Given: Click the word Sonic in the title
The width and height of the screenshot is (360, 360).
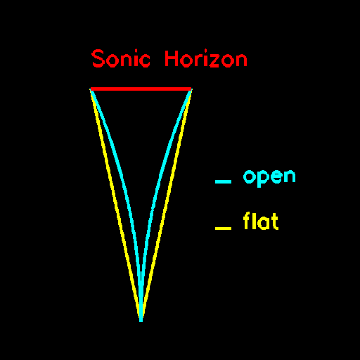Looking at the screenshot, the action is (x=121, y=58).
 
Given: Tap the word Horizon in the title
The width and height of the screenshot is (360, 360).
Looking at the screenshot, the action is (x=206, y=58).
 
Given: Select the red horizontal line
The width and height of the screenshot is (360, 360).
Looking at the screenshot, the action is (x=141, y=89).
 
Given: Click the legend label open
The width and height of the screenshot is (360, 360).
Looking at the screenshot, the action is (x=269, y=178).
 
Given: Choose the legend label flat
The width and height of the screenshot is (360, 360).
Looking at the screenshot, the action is (x=261, y=221).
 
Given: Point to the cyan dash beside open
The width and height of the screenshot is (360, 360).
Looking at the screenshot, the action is (x=223, y=181).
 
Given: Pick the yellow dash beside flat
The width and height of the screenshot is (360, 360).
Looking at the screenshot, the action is (x=223, y=229).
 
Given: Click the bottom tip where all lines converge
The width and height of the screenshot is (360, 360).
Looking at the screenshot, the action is (x=141, y=321).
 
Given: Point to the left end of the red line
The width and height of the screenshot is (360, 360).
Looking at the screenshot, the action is (x=91, y=89).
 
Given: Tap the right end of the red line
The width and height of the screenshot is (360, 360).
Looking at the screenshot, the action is (x=191, y=89).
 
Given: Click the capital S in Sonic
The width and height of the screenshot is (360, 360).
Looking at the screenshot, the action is (x=98, y=58).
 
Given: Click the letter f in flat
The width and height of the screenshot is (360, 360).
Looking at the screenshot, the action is (x=247, y=220).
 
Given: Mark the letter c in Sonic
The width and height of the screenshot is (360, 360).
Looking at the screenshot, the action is (x=144, y=60).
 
